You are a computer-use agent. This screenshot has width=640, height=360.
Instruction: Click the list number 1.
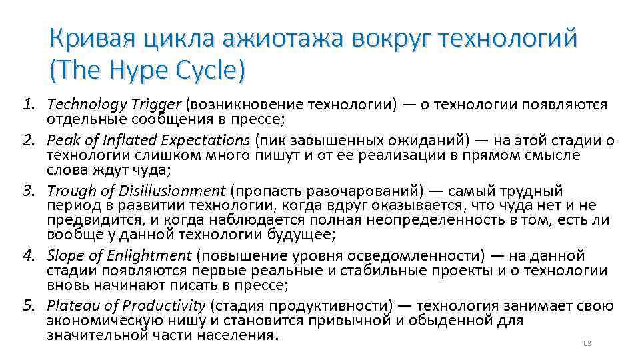(29, 105)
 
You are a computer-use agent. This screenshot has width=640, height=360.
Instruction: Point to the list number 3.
(29, 191)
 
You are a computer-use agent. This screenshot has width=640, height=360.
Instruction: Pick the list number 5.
(29, 307)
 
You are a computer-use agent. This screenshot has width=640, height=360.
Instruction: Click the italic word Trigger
(155, 105)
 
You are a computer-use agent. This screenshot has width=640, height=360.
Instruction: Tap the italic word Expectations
(202, 141)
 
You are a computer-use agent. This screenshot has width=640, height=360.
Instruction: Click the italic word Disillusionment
(181, 191)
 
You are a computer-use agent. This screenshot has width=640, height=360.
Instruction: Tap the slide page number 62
(587, 343)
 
